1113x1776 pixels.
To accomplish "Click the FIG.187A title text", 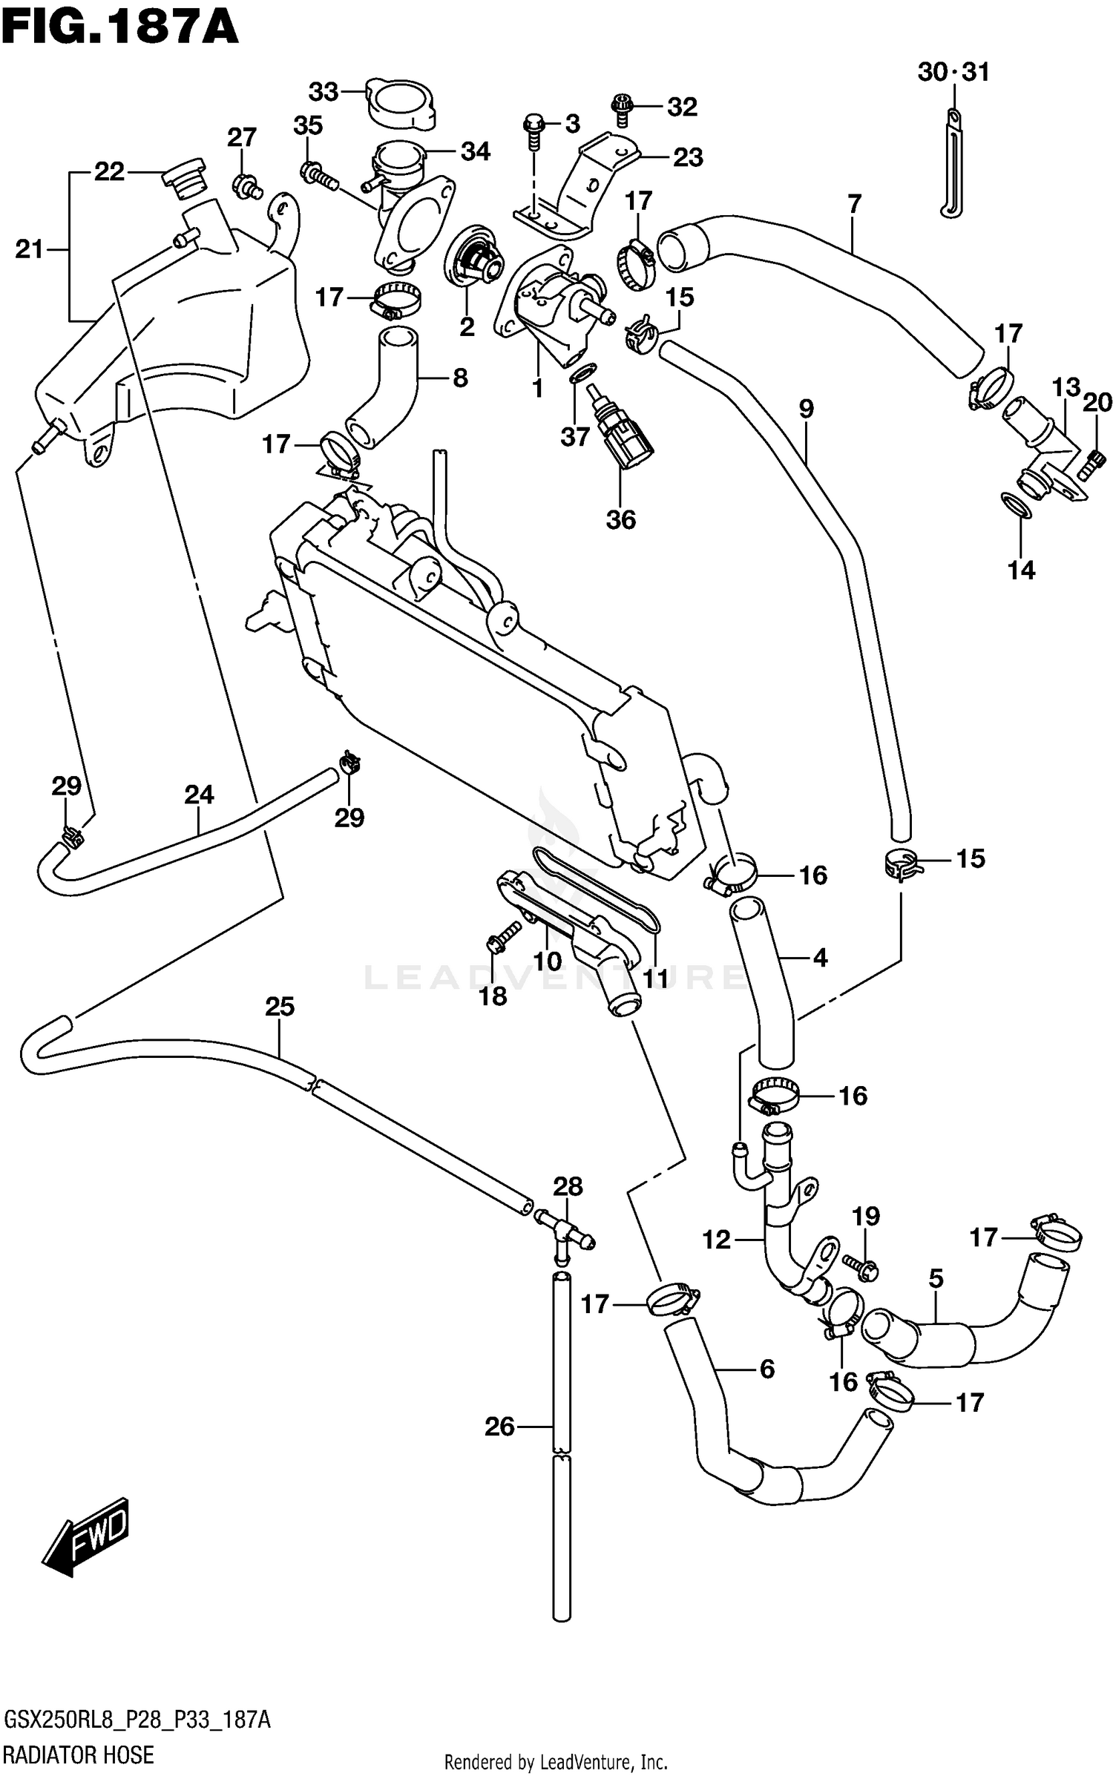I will [119, 27].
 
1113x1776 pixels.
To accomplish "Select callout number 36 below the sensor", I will [620, 519].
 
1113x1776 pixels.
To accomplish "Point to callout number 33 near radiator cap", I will [324, 92].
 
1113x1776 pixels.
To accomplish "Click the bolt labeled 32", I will [620, 108].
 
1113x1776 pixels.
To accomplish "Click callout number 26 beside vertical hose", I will [499, 1426].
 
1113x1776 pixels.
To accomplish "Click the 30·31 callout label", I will [953, 73].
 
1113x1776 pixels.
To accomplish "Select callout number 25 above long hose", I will [280, 1007].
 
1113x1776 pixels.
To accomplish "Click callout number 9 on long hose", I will [806, 409].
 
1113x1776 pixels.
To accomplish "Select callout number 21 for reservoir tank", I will [29, 250].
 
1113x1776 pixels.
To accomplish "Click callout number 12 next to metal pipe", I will [716, 1239].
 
